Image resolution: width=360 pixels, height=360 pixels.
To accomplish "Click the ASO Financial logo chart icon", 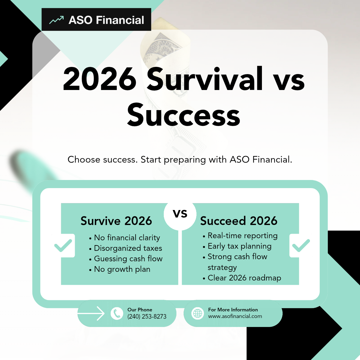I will tap(56, 20).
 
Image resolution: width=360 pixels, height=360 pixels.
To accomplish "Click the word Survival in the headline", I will tap(205, 79).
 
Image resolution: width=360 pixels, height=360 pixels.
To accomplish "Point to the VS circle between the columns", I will tap(180, 214).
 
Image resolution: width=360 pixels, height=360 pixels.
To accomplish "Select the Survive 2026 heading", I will tap(116, 221).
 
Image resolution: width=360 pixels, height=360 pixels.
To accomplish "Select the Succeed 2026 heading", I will tap(238, 221).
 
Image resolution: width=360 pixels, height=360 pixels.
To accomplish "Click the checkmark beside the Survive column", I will tap(63, 245).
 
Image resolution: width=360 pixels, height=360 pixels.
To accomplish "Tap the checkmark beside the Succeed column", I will tap(301, 245).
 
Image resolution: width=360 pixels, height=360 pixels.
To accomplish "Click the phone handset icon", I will tap(117, 313).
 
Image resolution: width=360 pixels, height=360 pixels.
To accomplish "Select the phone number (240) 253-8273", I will tap(147, 316).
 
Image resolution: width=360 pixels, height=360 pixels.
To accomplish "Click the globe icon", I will tap(198, 313).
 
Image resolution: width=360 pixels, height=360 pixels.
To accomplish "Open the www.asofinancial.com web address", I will tap(235, 316).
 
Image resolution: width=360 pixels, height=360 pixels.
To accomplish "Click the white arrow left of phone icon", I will tap(91, 313).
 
